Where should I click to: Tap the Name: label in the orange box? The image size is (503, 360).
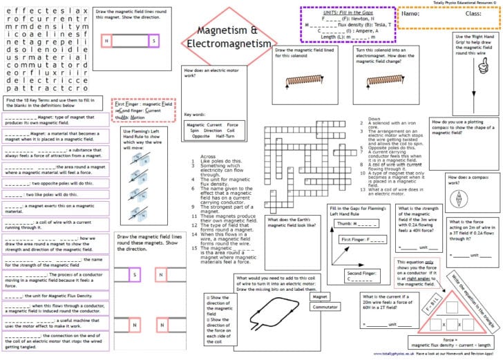(410, 13)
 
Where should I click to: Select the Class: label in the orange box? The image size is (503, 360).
(473, 13)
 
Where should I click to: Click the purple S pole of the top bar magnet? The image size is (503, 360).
(153, 41)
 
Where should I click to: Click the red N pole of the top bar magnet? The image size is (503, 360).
(107, 41)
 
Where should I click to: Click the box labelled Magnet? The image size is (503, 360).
(320, 296)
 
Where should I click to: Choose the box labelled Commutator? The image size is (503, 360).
(325, 307)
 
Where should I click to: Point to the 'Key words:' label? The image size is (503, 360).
(194, 114)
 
